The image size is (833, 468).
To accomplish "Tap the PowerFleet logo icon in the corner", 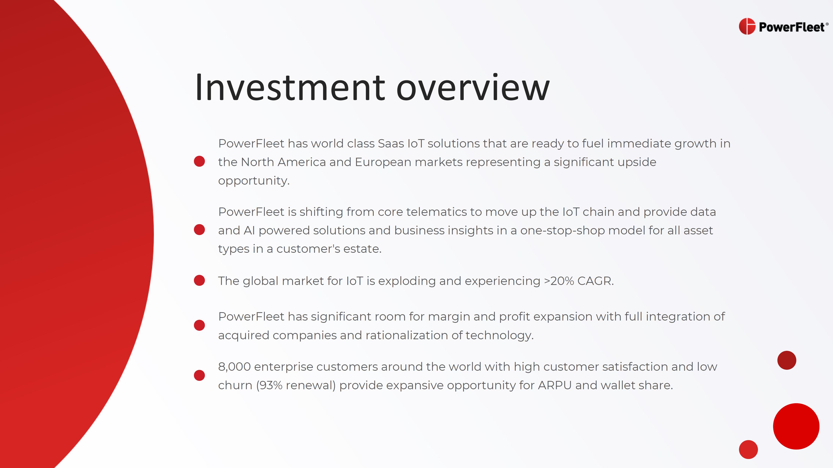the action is tap(747, 26).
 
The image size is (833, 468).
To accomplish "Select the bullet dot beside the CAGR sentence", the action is tap(199, 280).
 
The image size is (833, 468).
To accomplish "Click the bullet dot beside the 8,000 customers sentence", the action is tap(199, 375).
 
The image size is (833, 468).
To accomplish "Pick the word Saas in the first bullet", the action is tap(391, 143).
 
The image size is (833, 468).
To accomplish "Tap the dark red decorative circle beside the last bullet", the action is tap(787, 360).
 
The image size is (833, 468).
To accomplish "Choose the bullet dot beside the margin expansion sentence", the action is tap(199, 325).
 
